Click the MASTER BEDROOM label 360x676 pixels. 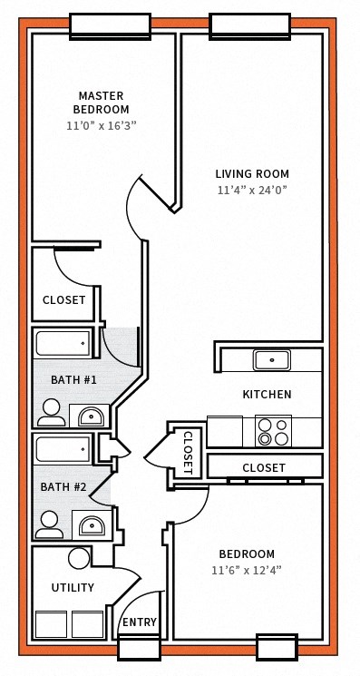click(101, 103)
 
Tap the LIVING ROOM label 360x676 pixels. click(252, 173)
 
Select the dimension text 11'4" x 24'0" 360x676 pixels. click(252, 191)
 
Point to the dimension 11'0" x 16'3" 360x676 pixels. click(101, 125)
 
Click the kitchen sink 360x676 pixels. click(271, 360)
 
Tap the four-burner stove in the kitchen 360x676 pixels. click(273, 432)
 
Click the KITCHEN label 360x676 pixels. click(267, 395)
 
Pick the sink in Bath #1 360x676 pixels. click(90, 416)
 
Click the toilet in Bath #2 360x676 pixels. click(49, 523)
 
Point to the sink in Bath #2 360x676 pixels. click(90, 524)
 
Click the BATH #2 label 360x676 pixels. click(63, 487)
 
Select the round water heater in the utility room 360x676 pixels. click(80, 558)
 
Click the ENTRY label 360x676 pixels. click(140, 622)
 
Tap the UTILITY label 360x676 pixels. click(73, 588)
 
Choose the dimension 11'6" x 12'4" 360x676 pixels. click(247, 571)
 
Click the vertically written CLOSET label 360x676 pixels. click(187, 451)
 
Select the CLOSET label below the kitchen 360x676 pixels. click(264, 468)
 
